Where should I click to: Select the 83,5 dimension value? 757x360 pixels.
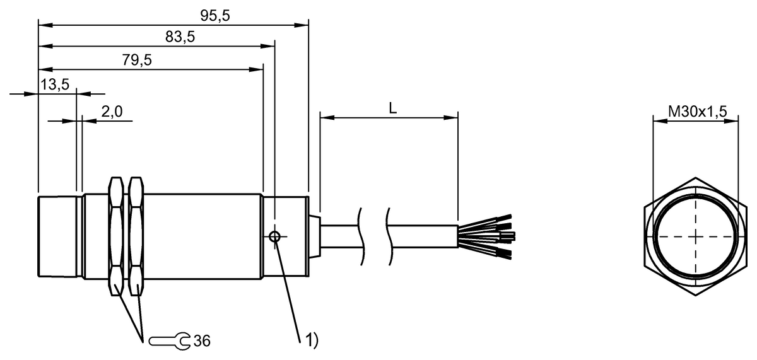(180, 37)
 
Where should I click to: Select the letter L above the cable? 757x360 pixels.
(392, 108)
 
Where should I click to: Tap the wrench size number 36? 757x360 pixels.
(202, 341)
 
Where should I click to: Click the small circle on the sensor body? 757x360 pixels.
(275, 237)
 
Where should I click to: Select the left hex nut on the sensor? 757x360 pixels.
(115, 236)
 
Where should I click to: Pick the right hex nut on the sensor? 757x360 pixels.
(136, 236)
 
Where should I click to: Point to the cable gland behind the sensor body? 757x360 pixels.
(316, 236)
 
